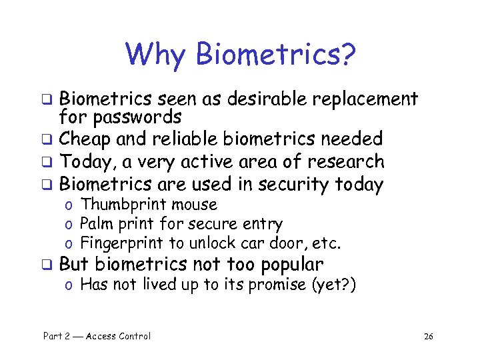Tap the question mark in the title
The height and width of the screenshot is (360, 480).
[x=347, y=55]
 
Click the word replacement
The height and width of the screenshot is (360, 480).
[x=366, y=100]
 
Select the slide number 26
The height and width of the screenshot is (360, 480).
[x=428, y=337]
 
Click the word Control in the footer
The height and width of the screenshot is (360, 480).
[x=133, y=336]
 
